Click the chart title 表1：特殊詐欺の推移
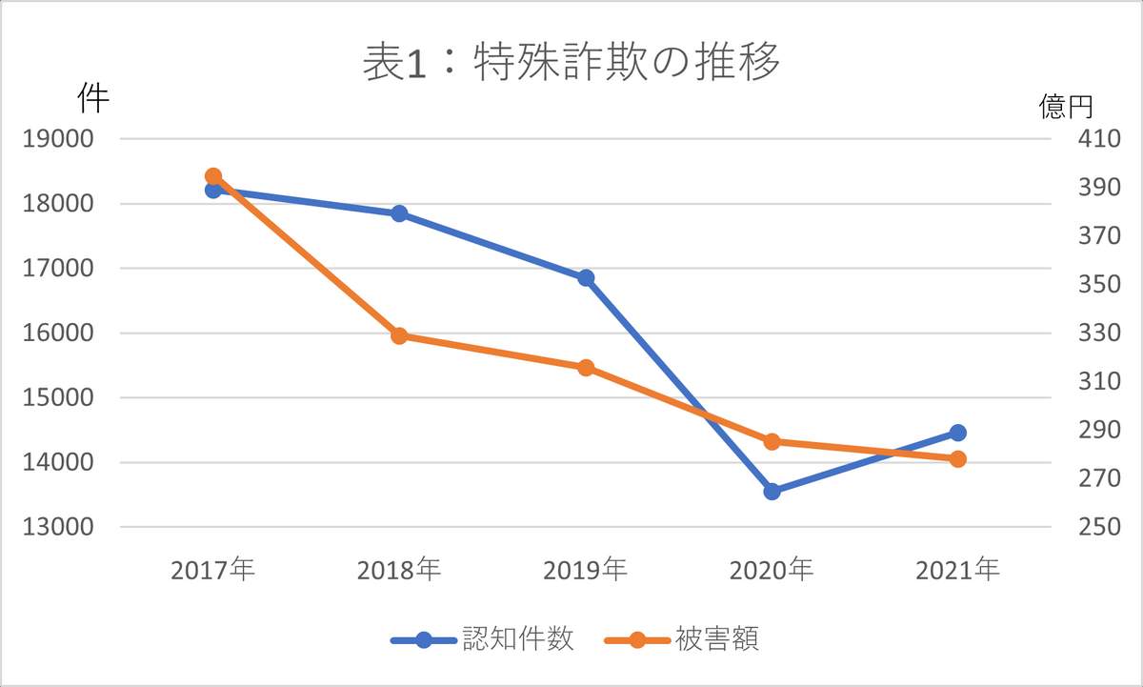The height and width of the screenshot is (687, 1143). (x=571, y=63)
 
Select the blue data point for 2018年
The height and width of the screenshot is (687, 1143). (x=399, y=213)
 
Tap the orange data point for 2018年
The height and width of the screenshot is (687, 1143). (x=399, y=335)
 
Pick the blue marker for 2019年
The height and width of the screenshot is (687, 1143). (x=586, y=278)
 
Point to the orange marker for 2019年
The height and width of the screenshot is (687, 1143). (x=586, y=368)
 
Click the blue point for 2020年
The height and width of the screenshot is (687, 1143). (x=772, y=492)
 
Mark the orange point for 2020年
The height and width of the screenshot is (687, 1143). (x=772, y=441)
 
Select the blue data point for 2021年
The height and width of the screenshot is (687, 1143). (x=958, y=433)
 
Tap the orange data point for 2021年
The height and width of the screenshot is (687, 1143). (x=958, y=459)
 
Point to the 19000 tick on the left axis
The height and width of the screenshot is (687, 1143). (x=58, y=138)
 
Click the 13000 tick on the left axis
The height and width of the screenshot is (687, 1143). (x=58, y=528)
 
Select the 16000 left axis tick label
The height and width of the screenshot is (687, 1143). (x=58, y=333)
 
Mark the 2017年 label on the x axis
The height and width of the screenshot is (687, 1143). (x=213, y=571)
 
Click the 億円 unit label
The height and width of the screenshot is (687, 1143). (x=1065, y=107)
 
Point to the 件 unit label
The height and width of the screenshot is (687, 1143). (x=92, y=97)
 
